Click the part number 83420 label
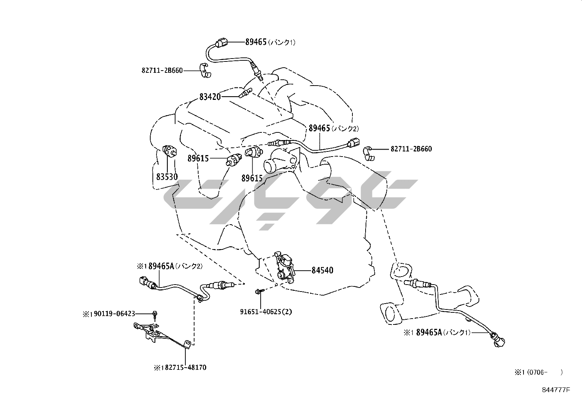pos(210,97)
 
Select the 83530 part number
pos(167,177)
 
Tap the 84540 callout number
pos(322,270)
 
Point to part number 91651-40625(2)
pos(266,312)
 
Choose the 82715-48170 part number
pos(183,367)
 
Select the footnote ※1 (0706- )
pos(538,372)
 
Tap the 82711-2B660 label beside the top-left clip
pos(162,70)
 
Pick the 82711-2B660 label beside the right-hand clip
pos(411,149)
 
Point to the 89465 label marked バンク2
pos(320,128)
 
